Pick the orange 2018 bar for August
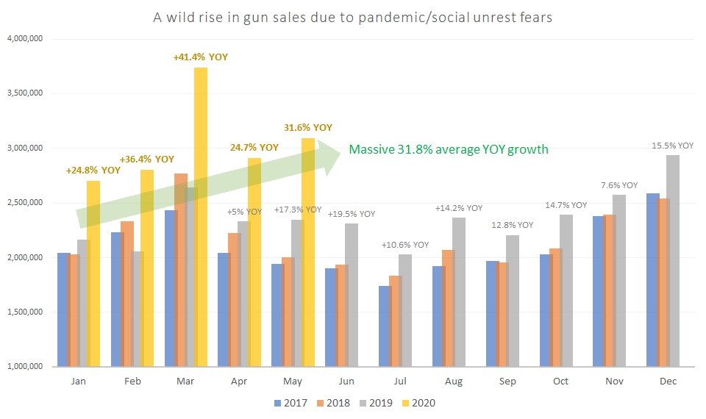(448, 308)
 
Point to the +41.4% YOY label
(201, 57)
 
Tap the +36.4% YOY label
(147, 159)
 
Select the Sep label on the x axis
(507, 382)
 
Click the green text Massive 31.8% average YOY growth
(449, 150)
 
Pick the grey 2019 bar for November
(619, 280)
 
